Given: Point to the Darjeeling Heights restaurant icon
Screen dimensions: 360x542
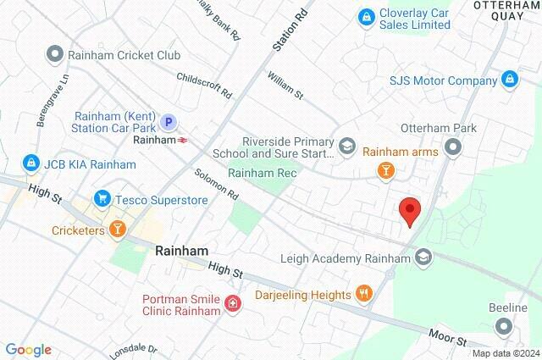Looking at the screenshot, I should (x=365, y=294).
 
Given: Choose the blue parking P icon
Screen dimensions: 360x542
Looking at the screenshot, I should (x=169, y=123).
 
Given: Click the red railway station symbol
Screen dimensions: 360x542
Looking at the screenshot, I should (x=183, y=139).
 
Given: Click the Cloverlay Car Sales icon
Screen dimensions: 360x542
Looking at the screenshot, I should (x=366, y=16).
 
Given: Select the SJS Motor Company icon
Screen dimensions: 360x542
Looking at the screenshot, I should (x=509, y=80).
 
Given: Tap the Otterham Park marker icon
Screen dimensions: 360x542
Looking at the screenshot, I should (x=454, y=147).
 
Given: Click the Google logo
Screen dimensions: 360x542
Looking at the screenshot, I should (x=28, y=350).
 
